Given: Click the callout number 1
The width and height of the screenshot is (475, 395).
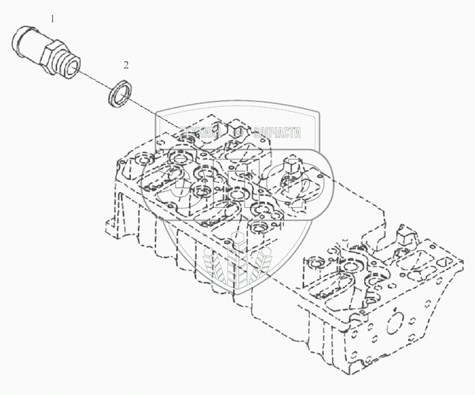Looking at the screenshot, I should (x=52, y=19).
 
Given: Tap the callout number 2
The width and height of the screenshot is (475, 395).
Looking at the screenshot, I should (x=126, y=64).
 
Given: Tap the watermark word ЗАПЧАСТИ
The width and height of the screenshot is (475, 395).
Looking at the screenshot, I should (x=277, y=133).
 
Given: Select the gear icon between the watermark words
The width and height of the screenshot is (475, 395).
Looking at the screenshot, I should (x=239, y=133).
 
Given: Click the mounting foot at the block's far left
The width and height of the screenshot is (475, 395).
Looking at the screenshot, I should (x=112, y=228).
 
